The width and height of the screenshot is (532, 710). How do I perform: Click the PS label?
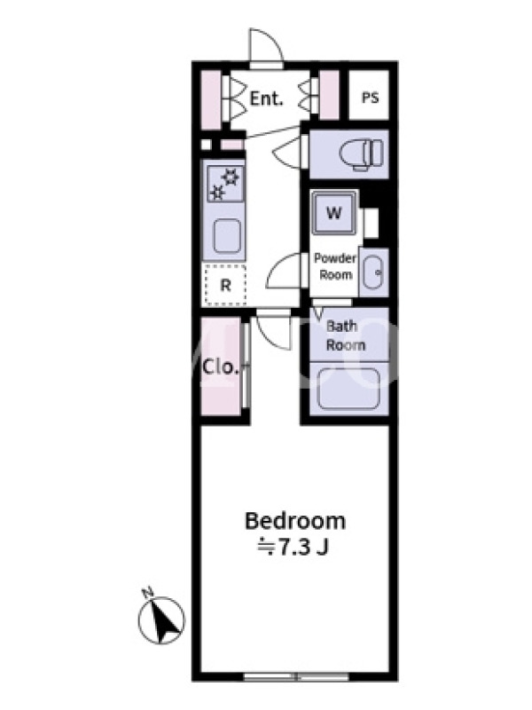[x=370, y=98]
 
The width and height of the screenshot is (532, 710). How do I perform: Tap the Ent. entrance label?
[x=267, y=99]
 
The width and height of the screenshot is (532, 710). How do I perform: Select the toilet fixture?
[x=362, y=154]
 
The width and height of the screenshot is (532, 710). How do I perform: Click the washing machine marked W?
[x=334, y=213]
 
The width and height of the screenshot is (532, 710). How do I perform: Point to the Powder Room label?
[x=335, y=267]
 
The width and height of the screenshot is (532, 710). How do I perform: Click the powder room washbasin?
[x=373, y=272]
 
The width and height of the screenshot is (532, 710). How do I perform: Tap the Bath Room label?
[x=346, y=335]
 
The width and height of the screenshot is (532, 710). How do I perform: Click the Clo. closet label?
[x=220, y=367]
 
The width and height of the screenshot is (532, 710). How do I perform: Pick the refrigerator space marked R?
[x=225, y=285]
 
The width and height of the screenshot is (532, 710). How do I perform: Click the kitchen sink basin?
[x=227, y=236]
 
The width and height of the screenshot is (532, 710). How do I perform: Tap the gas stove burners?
[x=225, y=184]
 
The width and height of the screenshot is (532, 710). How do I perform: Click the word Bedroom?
[x=295, y=521]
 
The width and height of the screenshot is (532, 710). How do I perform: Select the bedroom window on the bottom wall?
[x=296, y=677]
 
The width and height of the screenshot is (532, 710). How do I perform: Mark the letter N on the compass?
[x=147, y=592]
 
